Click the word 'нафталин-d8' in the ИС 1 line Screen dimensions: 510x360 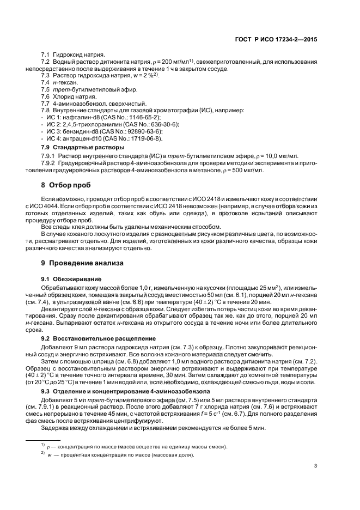pos(77,117)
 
